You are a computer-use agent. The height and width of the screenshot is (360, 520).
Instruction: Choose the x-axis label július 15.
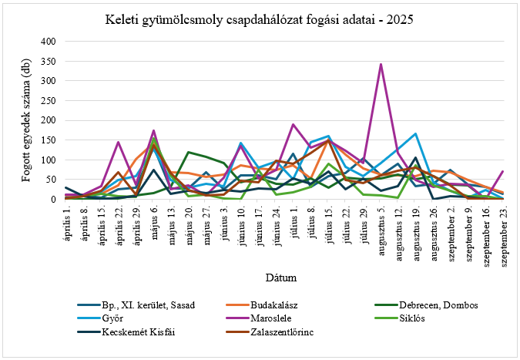click(x=328, y=221)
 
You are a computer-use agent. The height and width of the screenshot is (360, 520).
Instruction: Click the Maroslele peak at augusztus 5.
click(x=381, y=64)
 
